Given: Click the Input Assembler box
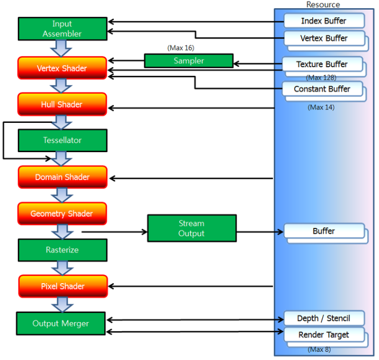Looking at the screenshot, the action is click(x=63, y=29).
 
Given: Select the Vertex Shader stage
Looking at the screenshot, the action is click(x=62, y=68).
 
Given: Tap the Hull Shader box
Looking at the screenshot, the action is click(x=62, y=104).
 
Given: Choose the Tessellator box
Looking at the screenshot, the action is click(x=63, y=141).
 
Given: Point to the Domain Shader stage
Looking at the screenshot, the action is click(x=63, y=177).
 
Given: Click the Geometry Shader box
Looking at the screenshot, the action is click(x=62, y=214).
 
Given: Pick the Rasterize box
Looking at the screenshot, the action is click(x=63, y=250).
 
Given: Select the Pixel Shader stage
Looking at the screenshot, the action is click(x=63, y=286).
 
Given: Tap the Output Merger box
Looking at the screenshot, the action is click(x=61, y=323).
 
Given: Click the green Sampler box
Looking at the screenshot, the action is click(x=189, y=61).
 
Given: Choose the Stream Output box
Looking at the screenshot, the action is click(x=192, y=228).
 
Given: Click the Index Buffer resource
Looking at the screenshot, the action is click(x=324, y=21).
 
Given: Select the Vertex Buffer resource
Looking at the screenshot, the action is click(x=324, y=38).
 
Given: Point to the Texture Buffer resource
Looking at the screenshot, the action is click(x=323, y=64).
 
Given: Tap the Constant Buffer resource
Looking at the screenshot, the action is click(x=323, y=89).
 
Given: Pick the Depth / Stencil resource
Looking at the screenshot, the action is click(x=324, y=318).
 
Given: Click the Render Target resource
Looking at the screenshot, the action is click(x=324, y=335).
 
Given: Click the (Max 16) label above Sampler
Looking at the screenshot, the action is click(x=181, y=48).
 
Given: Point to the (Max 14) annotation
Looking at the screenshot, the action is click(x=321, y=107).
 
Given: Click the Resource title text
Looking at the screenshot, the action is click(x=323, y=4).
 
